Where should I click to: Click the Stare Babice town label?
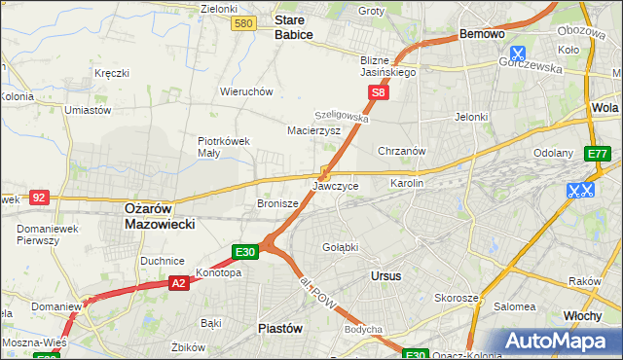click(x=294, y=26)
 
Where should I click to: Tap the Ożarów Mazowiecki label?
click(x=161, y=215)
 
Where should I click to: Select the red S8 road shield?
click(x=379, y=93)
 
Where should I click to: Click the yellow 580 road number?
click(x=245, y=23)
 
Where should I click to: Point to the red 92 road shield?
click(x=39, y=197)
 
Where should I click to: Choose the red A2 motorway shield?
click(x=178, y=283)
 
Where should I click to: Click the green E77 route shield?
click(x=597, y=155)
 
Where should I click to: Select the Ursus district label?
click(x=386, y=275)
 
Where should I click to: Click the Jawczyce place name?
click(x=336, y=185)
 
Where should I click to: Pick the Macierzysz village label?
click(x=313, y=129)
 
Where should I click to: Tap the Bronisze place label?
click(x=277, y=203)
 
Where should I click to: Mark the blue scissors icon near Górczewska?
click(x=518, y=54)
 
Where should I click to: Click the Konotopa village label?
click(x=218, y=272)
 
